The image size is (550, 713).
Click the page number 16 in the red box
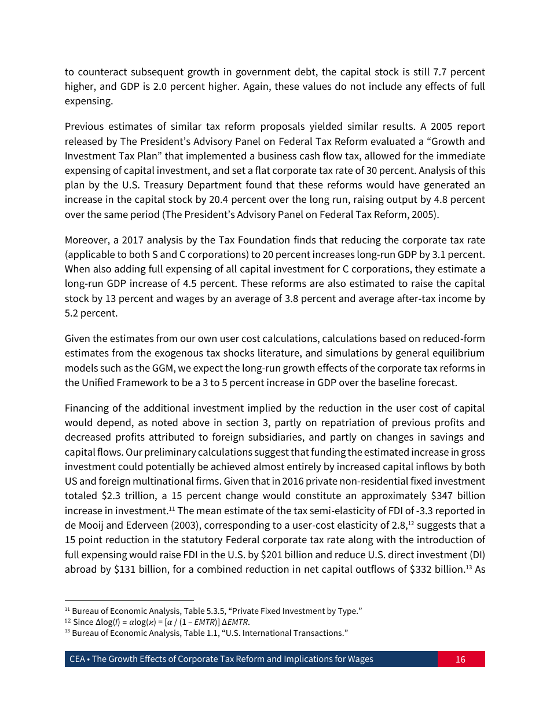460,659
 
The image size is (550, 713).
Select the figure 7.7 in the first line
440,72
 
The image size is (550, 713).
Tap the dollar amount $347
430,496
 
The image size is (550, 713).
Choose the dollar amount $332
420,569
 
